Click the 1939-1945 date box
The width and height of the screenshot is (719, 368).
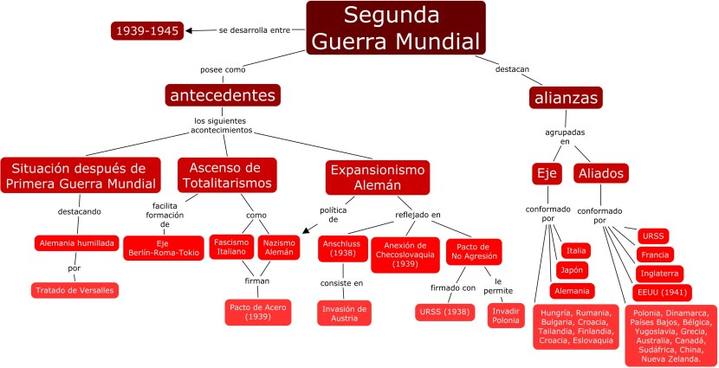(146, 31)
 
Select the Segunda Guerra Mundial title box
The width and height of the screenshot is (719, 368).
(395, 28)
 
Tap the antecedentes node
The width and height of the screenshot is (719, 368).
(223, 94)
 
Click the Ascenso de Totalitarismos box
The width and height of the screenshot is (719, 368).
(228, 174)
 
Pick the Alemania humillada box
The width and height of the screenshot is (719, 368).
(75, 243)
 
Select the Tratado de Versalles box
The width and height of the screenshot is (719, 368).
(74, 290)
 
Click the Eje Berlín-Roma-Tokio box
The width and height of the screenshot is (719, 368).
(163, 249)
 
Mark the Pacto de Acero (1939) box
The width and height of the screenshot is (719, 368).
(258, 312)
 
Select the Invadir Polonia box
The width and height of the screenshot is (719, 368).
(506, 315)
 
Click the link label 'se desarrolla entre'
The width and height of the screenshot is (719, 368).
(253, 30)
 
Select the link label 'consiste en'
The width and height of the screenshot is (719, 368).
(341, 283)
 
